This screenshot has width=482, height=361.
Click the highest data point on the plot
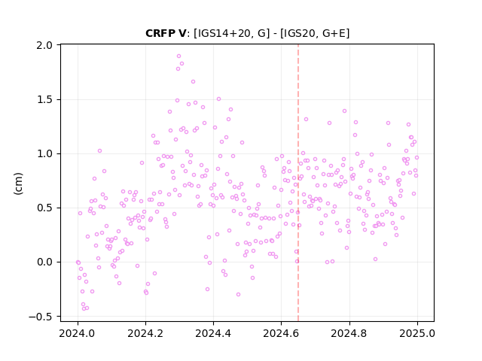[x=179, y=56]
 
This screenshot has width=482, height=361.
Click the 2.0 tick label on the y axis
[x=44, y=45]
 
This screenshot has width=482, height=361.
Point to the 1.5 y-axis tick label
[x=44, y=100]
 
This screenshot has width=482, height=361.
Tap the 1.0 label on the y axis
[x=44, y=153]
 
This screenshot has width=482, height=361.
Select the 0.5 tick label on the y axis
[x=44, y=208]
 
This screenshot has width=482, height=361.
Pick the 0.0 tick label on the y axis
[x=44, y=262]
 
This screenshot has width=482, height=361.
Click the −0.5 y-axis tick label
[x=41, y=317]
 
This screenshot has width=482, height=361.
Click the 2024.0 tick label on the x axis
[x=78, y=333]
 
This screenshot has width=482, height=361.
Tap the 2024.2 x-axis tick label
[x=145, y=333]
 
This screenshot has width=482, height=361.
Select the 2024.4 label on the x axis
[x=213, y=333]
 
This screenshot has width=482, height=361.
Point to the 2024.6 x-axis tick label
[x=281, y=333]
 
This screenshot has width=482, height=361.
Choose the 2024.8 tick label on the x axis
[x=349, y=333]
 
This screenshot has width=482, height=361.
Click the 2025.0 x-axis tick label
[x=417, y=333]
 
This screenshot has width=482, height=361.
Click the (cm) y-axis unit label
[x=18, y=184]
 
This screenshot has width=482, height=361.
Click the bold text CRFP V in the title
[x=166, y=33]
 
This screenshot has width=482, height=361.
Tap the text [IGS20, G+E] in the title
[x=315, y=33]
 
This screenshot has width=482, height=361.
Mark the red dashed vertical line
[x=298, y=183]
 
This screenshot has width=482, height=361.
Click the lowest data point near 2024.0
[x=84, y=308]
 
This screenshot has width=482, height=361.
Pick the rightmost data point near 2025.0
[x=416, y=157]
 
